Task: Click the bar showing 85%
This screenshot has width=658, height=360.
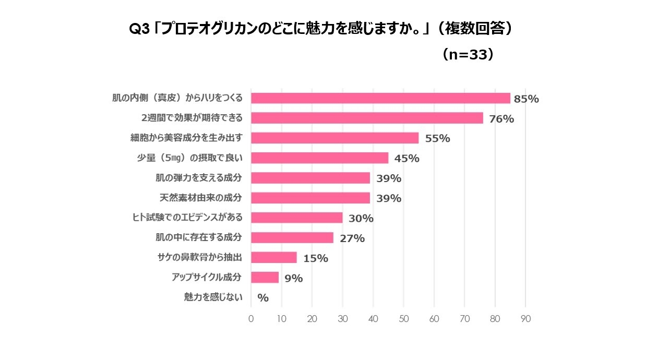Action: (x=380, y=98)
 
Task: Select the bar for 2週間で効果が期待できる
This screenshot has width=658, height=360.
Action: (x=367, y=118)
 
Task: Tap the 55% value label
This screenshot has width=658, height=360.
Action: (x=437, y=138)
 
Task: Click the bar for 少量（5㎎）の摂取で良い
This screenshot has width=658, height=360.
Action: (x=319, y=158)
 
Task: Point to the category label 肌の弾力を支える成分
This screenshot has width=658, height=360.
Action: (x=199, y=178)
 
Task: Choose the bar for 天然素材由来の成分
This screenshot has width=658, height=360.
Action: (x=310, y=198)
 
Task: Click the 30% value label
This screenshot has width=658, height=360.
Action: (x=361, y=218)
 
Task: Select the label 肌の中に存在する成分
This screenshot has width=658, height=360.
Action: (x=199, y=238)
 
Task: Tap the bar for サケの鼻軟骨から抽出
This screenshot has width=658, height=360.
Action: (x=274, y=257)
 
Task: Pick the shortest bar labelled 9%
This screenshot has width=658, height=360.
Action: (x=265, y=277)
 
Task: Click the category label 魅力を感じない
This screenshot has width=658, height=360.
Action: (x=213, y=297)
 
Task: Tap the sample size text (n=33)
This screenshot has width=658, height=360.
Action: (x=468, y=55)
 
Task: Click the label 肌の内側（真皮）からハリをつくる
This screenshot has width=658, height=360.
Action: (x=177, y=98)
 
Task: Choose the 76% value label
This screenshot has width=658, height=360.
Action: (x=501, y=119)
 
